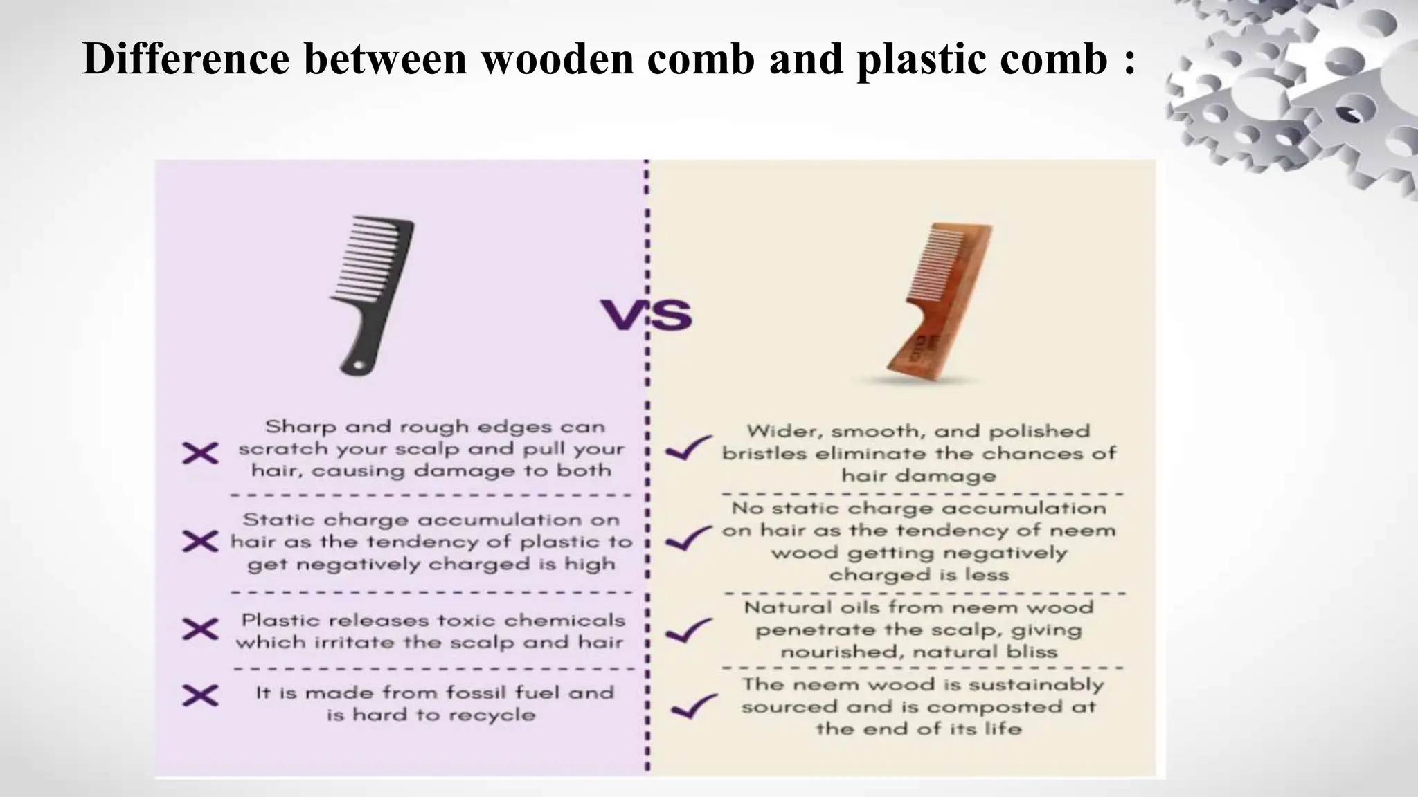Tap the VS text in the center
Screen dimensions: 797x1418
pos(646,315)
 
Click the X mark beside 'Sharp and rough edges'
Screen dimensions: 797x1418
pos(200,454)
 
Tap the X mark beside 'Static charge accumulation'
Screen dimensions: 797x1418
pos(200,541)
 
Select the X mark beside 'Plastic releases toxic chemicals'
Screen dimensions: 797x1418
pos(200,629)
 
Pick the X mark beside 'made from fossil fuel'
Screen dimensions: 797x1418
pos(200,695)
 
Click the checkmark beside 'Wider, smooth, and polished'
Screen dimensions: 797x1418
pos(688,449)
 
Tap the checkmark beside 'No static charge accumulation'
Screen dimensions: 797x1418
pos(688,538)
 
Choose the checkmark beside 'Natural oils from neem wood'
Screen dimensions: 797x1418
pos(688,630)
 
